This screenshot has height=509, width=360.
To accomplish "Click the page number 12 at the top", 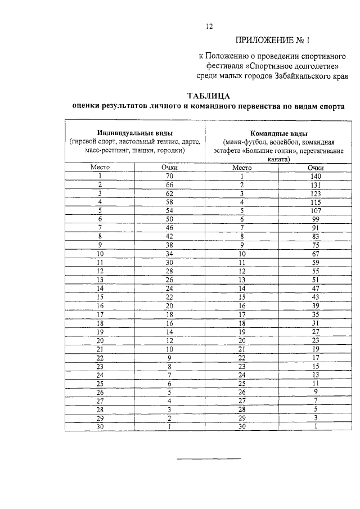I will coord(209,26).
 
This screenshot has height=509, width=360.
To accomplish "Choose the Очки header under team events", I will coord(315,168).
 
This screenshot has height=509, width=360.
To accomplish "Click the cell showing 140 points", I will coord(315,177).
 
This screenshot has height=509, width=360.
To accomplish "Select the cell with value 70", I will coord(169,177).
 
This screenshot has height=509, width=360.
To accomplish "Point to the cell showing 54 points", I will coord(169,210).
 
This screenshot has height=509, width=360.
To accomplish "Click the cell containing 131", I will coord(315,185).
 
